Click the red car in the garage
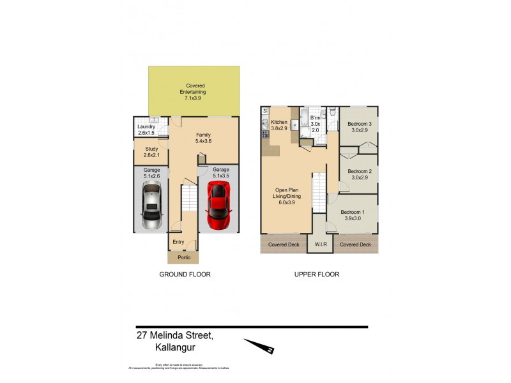point(218,205)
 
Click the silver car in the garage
point(152,205)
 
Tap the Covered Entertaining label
point(195,93)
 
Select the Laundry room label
point(146,130)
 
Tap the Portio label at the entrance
point(183,257)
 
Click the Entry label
point(178,242)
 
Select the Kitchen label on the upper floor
point(280,125)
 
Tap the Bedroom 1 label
point(353,215)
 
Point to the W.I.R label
point(319,244)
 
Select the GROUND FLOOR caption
point(185,274)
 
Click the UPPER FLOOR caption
point(317,274)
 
